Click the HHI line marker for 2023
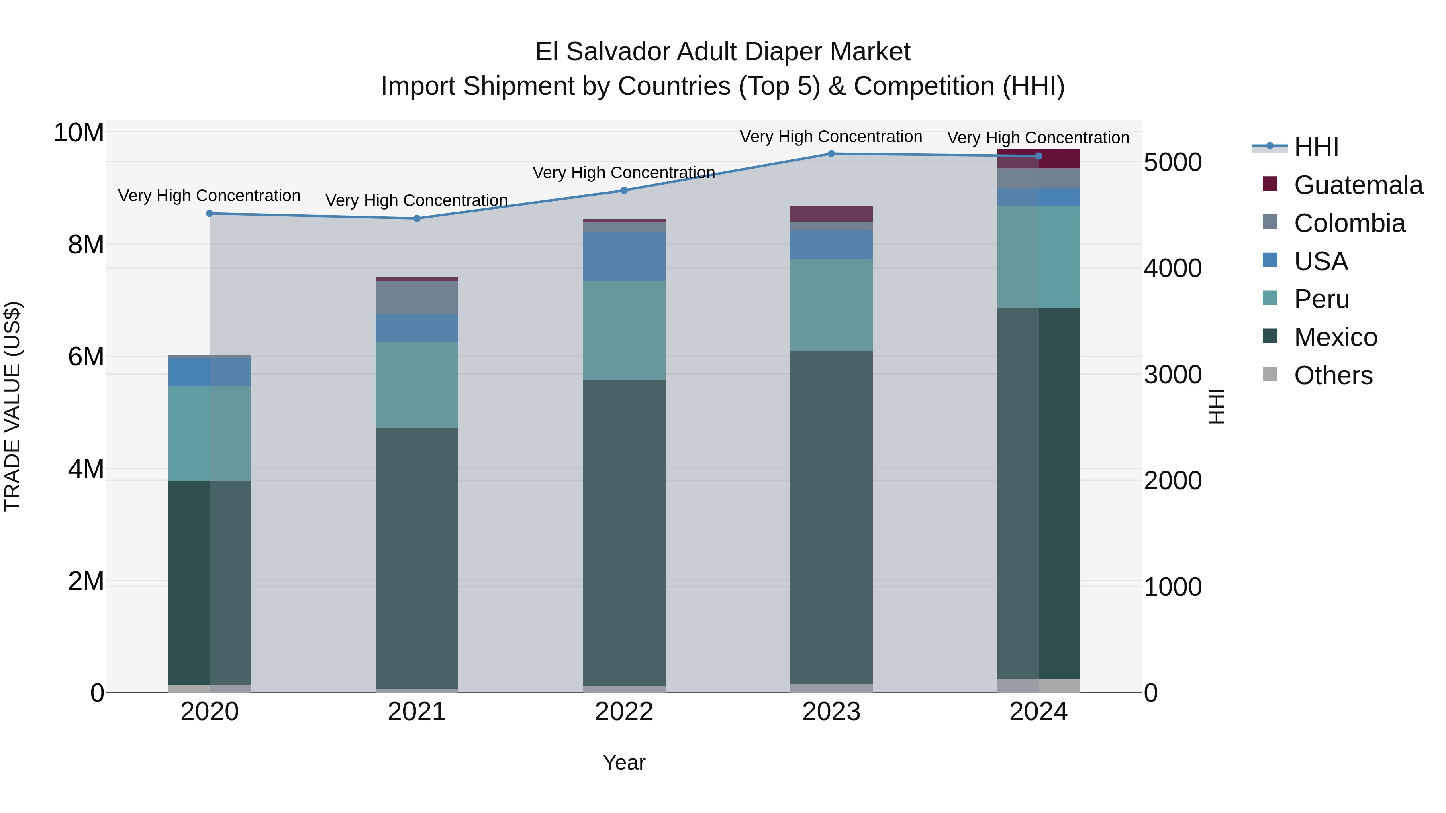[x=831, y=154]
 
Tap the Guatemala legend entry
[x=1358, y=185]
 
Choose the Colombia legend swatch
[x=1270, y=222]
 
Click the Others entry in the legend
[x=1333, y=375]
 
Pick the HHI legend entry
[x=1316, y=147]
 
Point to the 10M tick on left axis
[x=79, y=133]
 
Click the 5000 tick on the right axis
[x=1172, y=163]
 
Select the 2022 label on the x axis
[x=624, y=712]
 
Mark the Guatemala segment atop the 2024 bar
[x=1038, y=159]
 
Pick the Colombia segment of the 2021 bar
[x=417, y=297]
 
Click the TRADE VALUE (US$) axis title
[x=12, y=406]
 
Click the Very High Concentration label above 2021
[x=417, y=200]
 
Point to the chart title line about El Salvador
[x=723, y=52]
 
